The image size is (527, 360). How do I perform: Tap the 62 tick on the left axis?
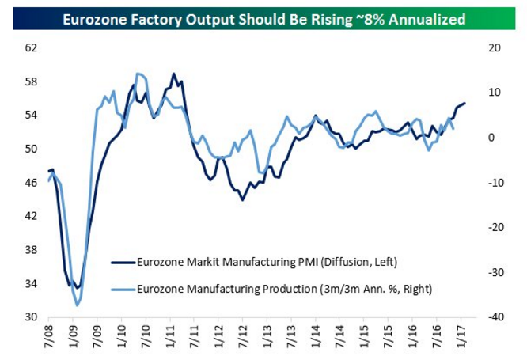[32, 47]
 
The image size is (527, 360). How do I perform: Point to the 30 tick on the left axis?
[32, 316]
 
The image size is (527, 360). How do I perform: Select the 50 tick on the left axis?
[32, 149]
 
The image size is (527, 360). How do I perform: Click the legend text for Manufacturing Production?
[285, 289]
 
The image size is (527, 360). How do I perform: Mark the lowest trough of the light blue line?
[77, 305]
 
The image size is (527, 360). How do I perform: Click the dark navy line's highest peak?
[173, 74]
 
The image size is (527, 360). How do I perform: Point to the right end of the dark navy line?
[465, 103]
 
